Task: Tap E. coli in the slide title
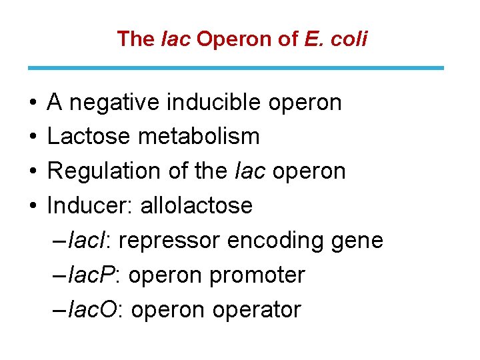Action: click(335, 39)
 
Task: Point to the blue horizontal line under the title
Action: click(235, 68)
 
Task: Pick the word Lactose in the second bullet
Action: click(89, 137)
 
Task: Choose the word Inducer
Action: click(90, 205)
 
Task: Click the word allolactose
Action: click(197, 205)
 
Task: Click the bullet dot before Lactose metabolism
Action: click(33, 137)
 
